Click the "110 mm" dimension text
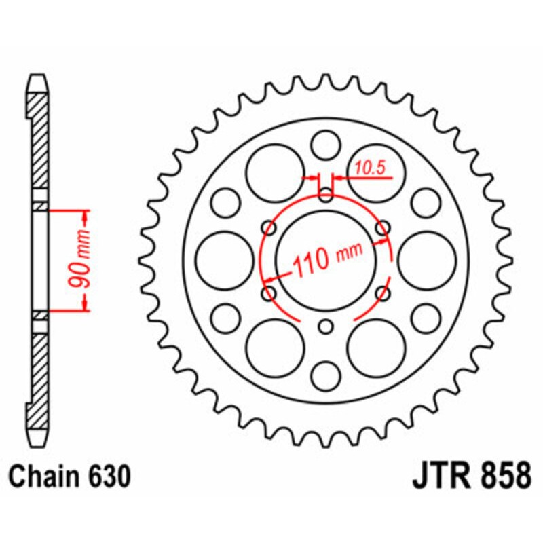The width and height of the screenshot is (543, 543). pos(328,259)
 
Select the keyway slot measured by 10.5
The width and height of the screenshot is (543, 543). pos(326,189)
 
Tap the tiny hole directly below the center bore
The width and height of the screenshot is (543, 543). pos(326,327)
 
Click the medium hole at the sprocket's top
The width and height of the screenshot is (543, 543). pos(326,145)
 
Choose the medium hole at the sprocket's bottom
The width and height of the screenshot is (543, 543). pos(326,375)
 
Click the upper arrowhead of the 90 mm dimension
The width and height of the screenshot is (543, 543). pos(86,217)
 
